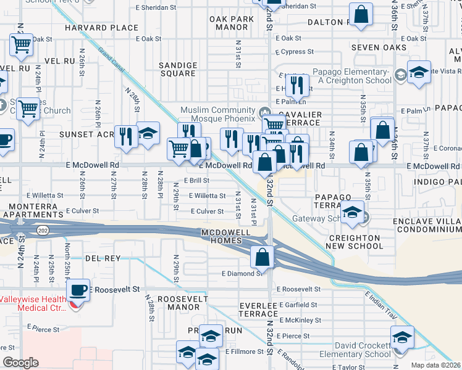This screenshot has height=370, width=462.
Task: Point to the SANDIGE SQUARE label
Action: point(178,69)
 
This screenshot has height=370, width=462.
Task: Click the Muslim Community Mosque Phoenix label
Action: point(217,114)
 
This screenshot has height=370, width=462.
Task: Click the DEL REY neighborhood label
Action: point(103,258)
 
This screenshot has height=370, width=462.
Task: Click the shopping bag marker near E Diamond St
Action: point(262,257)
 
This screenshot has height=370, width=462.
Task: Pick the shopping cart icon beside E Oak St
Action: point(21,45)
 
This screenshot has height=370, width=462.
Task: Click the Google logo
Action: point(20,363)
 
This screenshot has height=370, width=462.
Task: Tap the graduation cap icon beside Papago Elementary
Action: point(418,74)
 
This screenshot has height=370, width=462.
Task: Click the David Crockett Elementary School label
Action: point(363,350)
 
